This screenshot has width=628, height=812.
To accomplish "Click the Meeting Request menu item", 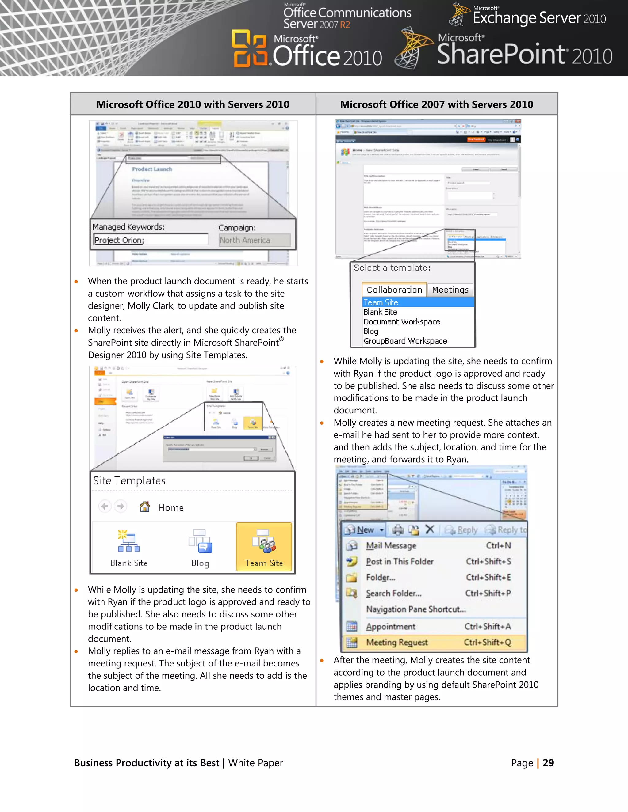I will [x=396, y=643].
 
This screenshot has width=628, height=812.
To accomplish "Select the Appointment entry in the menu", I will [x=391, y=627].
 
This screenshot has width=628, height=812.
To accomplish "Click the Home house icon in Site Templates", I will [x=145, y=507].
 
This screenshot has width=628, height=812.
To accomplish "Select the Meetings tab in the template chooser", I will [x=450, y=290].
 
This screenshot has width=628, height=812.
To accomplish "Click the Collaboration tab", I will [x=394, y=290].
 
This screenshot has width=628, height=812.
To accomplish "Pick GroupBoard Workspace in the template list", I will [x=405, y=341].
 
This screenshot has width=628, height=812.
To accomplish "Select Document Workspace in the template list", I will [x=401, y=322].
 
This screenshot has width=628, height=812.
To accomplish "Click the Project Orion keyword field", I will [x=150, y=240].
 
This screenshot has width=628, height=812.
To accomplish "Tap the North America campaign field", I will [x=255, y=240].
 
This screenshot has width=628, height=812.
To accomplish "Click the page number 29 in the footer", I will [x=548, y=763].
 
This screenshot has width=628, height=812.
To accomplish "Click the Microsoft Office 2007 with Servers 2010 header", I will [x=436, y=104].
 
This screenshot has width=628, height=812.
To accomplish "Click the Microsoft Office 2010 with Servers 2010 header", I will [x=193, y=104].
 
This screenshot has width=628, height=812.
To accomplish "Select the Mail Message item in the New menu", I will [x=391, y=545].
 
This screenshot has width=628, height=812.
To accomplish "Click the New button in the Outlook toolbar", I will [x=364, y=530].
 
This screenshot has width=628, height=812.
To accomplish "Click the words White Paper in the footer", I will [x=256, y=763].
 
